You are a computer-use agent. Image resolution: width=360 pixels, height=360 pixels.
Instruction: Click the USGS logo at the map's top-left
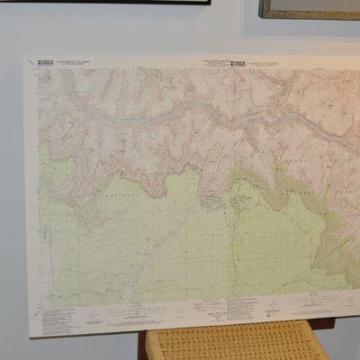[47, 62]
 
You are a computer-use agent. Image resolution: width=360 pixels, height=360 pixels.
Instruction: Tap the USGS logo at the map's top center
[238, 64]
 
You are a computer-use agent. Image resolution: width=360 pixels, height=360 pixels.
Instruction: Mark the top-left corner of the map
[24, 58]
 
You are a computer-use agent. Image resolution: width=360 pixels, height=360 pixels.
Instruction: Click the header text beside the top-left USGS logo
[76, 63]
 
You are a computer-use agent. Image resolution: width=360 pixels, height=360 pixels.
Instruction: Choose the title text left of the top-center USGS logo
[209, 64]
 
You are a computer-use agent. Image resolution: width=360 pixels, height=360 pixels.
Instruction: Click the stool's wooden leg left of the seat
[142, 344]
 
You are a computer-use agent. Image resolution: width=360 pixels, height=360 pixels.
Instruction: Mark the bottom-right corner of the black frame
[210, 4]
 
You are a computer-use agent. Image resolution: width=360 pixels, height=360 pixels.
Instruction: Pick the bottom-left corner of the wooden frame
[262, 16]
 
